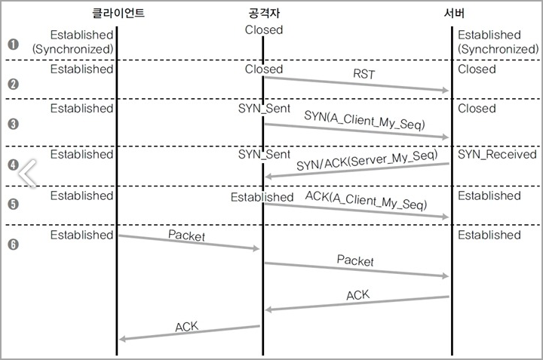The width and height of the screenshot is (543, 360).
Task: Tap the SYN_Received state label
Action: point(497,154)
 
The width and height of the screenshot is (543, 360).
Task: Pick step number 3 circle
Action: point(13,123)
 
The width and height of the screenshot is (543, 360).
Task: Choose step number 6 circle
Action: point(13,244)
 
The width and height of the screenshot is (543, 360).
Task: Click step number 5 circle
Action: point(13,204)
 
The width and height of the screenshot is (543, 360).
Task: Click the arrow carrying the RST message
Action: point(354,84)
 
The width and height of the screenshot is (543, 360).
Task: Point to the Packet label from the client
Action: point(186,235)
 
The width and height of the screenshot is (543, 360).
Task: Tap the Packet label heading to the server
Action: point(355,260)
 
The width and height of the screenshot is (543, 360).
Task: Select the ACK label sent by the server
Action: point(357,294)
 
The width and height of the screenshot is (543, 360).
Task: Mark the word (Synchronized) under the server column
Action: point(498,48)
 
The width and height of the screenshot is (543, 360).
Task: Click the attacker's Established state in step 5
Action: point(262,197)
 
